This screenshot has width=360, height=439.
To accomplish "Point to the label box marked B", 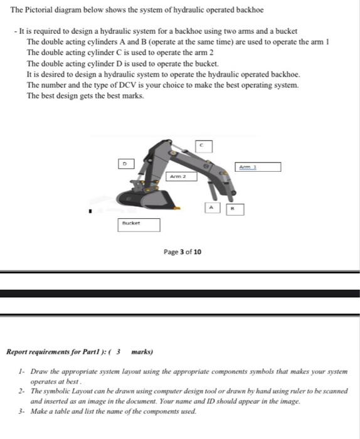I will pos(235,208).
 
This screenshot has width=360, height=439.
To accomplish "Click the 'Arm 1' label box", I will pos(258,167).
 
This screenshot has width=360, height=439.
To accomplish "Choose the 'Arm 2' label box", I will pos(183,176).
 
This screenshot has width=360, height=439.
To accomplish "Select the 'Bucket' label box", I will pos(139,224).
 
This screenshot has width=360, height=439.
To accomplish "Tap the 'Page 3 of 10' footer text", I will pos(182,252).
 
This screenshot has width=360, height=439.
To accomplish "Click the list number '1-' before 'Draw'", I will pos(22,372).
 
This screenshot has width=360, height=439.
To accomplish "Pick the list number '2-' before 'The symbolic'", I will pos(22,391).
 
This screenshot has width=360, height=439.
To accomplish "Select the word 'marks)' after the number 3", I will pos(142,352).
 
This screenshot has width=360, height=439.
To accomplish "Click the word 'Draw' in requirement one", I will pos(39,372).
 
